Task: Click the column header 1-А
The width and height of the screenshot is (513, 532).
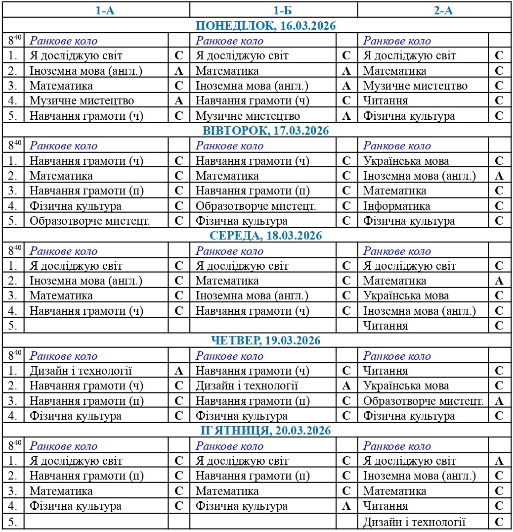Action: (105, 10)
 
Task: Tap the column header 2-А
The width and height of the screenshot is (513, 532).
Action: (443, 10)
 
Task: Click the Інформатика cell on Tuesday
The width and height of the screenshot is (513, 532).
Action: (397, 206)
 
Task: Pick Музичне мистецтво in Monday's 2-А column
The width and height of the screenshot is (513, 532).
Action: (415, 86)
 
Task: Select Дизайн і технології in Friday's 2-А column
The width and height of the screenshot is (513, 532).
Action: (415, 522)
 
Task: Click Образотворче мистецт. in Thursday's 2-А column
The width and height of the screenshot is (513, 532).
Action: (424, 401)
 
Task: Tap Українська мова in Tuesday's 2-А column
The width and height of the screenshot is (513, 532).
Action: (406, 161)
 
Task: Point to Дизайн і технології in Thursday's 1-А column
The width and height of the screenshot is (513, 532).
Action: (81, 371)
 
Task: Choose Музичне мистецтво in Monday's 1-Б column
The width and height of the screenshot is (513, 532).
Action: (248, 116)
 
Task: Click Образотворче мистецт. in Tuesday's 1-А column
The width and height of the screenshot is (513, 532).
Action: (89, 221)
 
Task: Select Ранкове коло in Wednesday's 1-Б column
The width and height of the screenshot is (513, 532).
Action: (230, 251)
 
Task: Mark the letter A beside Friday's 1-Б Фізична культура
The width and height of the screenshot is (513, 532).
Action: (346, 506)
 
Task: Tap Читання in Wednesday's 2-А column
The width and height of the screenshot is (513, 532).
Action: (386, 326)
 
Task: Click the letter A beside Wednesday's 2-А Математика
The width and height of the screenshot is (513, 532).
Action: (499, 281)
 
